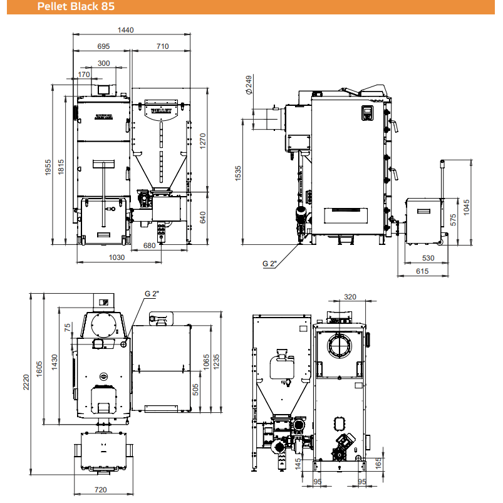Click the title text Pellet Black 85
[x=76, y=6]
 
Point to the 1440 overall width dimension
[x=125, y=30]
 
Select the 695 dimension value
[x=103, y=46]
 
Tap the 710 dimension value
[x=163, y=46]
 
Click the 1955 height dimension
[x=48, y=167]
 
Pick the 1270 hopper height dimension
[x=203, y=141]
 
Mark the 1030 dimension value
[x=117, y=257]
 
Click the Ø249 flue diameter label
[x=249, y=85]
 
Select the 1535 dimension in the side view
[x=237, y=174]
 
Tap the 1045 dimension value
[x=467, y=207]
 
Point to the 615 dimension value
[x=422, y=271]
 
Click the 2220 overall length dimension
[x=26, y=382]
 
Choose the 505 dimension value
[x=195, y=390]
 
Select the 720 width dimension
[x=100, y=489]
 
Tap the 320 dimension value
[x=350, y=297]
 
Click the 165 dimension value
[x=378, y=463]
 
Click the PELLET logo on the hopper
[x=162, y=111]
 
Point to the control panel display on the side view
[x=367, y=113]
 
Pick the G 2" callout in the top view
[x=152, y=294]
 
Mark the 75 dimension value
[x=68, y=328]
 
